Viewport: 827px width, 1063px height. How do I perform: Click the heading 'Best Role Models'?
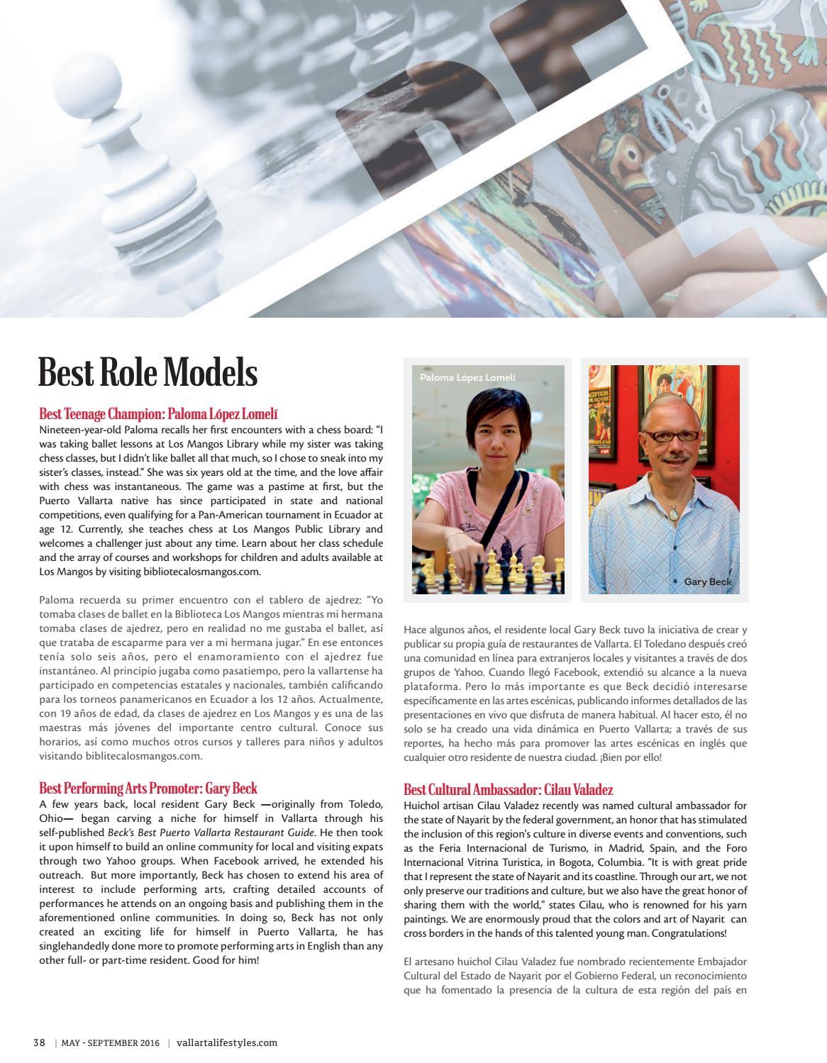point(148,372)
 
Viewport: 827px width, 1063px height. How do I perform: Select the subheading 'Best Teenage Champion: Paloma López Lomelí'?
point(164,413)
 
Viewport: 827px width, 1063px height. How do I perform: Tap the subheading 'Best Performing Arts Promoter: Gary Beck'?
point(148,788)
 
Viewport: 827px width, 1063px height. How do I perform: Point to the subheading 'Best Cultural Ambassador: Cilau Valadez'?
point(508,789)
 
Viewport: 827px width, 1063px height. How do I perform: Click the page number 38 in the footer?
point(39,1042)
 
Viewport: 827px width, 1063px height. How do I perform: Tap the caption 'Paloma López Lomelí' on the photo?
point(467,377)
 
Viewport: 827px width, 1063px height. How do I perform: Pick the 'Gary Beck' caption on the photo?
point(707,581)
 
